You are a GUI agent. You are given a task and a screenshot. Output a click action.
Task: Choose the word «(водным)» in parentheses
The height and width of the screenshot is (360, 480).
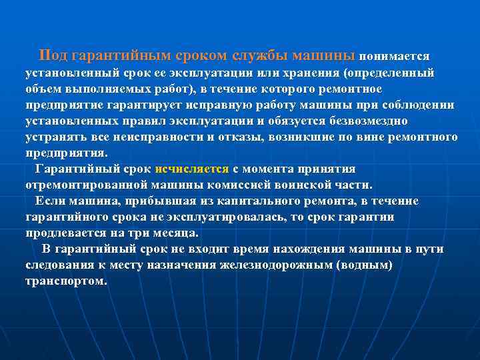(366, 265)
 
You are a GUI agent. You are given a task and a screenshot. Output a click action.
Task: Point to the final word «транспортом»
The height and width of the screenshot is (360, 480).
(65, 281)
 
